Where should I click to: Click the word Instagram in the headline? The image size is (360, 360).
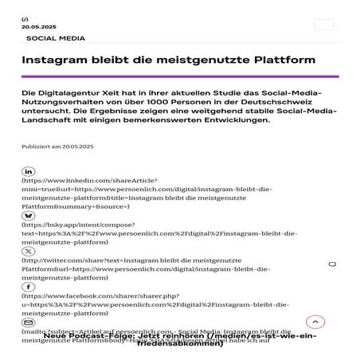tap(59, 61)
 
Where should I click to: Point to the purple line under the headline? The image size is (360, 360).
tap(180, 76)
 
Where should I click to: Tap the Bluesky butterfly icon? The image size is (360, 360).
tap(29, 215)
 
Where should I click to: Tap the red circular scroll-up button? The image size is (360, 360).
tap(315, 322)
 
